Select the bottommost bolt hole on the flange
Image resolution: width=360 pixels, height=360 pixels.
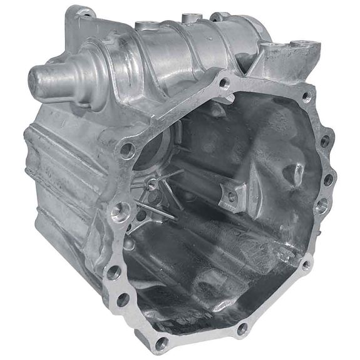pyautogui.click(x=161, y=342)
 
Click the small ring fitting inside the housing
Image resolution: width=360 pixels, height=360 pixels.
pyautogui.click(x=152, y=184)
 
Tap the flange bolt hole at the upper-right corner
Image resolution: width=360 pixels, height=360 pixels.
pyautogui.click(x=306, y=97)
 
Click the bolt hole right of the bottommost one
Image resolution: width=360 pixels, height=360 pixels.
pyautogui.click(x=242, y=329)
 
